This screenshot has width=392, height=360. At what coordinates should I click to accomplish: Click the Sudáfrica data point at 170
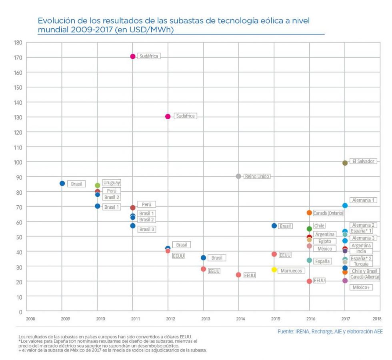[133, 56]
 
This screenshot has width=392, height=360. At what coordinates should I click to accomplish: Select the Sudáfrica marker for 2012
[168, 116]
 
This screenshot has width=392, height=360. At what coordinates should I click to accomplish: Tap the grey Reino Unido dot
[238, 176]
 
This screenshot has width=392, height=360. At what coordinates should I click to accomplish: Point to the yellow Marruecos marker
[274, 270]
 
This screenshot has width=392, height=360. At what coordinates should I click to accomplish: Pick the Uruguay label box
[111, 182]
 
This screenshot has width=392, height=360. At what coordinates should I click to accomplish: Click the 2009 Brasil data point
[62, 183]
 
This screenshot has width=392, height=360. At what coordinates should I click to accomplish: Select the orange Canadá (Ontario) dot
[309, 213]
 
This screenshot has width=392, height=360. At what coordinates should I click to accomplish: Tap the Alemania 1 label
[364, 200]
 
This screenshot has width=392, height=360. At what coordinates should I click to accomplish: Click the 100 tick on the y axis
[18, 162]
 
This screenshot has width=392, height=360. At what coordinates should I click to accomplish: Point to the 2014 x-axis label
[240, 319]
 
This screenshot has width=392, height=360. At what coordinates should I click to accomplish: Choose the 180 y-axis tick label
[18, 42]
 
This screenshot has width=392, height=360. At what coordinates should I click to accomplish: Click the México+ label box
[361, 287]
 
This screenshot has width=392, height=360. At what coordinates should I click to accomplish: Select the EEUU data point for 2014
[238, 275]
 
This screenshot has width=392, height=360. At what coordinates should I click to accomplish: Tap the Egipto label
[324, 241]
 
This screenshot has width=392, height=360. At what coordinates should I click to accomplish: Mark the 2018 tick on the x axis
[376, 319]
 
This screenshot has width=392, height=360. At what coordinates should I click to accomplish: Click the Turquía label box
[361, 264]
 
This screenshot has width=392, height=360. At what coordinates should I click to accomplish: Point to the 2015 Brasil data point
[274, 226]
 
